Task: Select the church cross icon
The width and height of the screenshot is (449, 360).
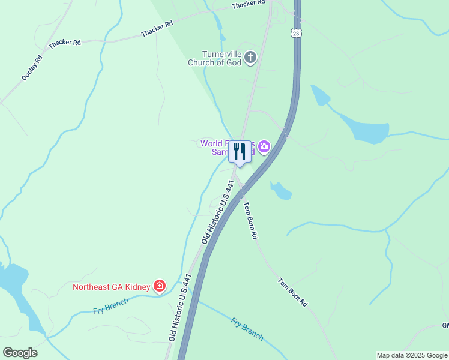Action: click(250, 58)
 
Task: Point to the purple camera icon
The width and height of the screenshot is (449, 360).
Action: click(264, 146)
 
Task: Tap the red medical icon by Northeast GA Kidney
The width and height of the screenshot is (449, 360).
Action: click(159, 286)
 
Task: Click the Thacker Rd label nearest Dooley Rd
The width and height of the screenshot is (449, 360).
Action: click(65, 43)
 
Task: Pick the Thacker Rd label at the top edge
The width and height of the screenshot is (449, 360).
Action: click(249, 4)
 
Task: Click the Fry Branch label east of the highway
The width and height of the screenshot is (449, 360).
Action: click(247, 329)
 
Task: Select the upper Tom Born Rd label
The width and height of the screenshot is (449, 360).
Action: click(250, 220)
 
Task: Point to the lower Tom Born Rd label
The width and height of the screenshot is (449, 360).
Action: click(292, 292)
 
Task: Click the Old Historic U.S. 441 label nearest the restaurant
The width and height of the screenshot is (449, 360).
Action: click(217, 212)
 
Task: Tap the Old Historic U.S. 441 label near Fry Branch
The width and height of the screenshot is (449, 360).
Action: click(180, 308)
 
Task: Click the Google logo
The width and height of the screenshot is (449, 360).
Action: click(20, 352)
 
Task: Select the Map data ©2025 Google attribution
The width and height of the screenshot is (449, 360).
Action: click(412, 355)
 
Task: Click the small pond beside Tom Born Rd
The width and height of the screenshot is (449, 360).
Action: click(281, 191)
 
